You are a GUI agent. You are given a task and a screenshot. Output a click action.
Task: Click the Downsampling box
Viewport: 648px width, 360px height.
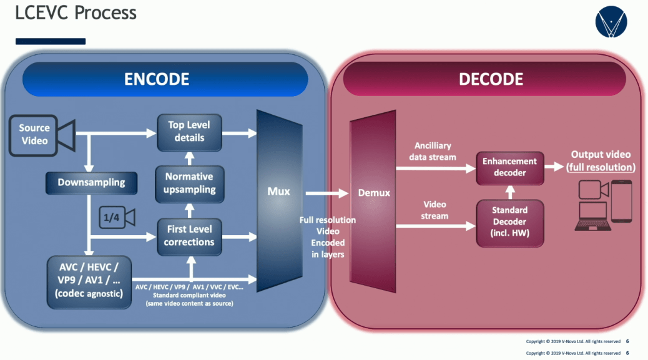coord(91,183)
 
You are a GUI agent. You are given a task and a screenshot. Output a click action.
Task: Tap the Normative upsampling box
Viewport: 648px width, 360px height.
coord(189,183)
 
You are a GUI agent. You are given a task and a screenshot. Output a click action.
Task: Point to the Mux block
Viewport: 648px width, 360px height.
coord(278,191)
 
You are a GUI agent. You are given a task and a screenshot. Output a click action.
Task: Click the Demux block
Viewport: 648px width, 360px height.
coord(373,193)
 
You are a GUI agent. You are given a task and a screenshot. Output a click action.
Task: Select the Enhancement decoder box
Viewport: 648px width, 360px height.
coord(509,167)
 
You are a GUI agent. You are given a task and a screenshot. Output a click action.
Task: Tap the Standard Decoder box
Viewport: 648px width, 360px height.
coord(509,221)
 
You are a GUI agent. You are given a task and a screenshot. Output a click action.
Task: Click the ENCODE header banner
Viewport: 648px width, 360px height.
coord(165,79)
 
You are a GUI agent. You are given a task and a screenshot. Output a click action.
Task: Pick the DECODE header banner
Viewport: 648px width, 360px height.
coord(491,79)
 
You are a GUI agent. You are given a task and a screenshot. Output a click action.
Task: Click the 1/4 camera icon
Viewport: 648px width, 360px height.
coord(117,218)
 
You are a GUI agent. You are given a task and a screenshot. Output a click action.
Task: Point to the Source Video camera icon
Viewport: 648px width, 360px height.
coord(41,134)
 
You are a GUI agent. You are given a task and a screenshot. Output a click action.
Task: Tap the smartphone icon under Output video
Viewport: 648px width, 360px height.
coord(621,201)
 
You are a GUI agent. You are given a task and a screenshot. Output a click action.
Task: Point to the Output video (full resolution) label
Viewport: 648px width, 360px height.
coord(601,161)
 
